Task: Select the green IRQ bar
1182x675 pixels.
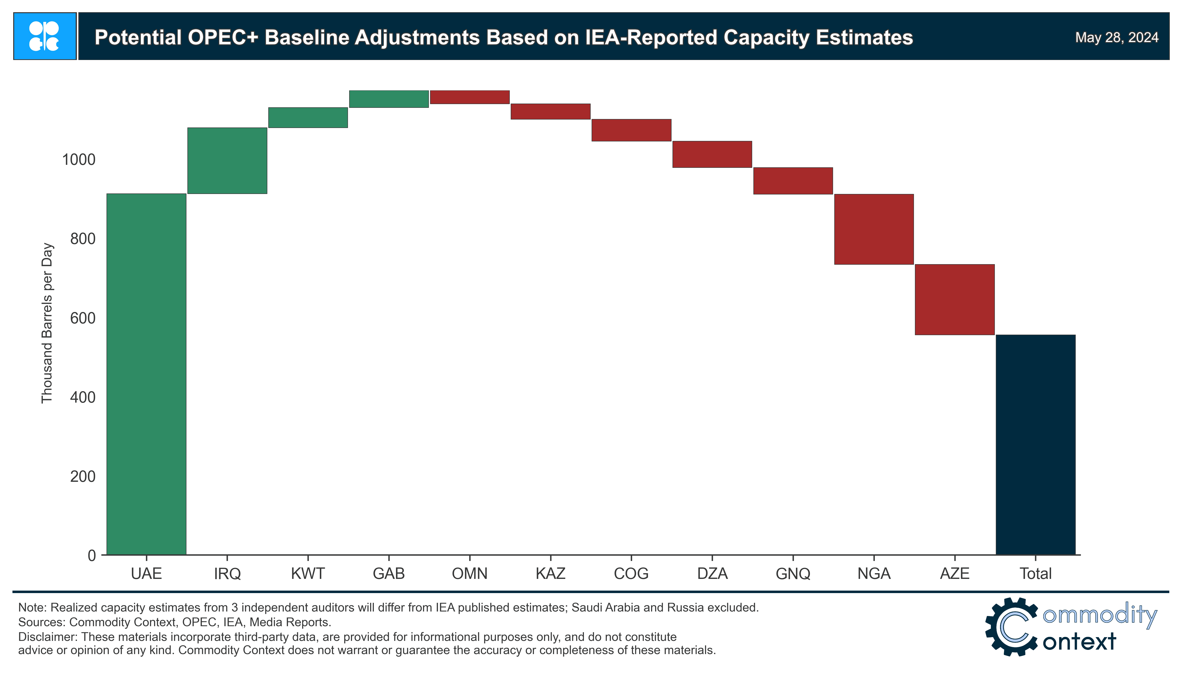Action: pyautogui.click(x=227, y=160)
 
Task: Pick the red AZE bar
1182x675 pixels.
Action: pyautogui.click(x=955, y=300)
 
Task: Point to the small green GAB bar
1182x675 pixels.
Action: pyautogui.click(x=389, y=99)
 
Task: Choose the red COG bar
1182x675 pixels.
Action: pyautogui.click(x=631, y=130)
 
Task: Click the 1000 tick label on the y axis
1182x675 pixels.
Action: pyautogui.click(x=78, y=160)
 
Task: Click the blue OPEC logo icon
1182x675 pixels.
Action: pyautogui.click(x=45, y=36)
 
